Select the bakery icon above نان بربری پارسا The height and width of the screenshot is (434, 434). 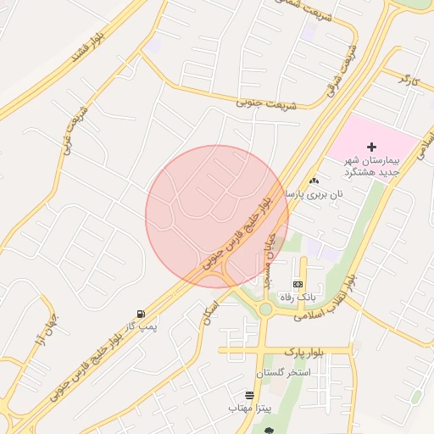click(314, 181)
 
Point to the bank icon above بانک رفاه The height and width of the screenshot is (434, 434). click(298, 284)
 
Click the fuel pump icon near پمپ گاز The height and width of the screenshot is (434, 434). click(140, 314)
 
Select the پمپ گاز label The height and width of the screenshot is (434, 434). click(137, 326)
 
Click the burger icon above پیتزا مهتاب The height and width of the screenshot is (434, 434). click(249, 395)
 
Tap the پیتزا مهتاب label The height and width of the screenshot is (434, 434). click(248, 409)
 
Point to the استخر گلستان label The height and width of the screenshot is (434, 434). click(283, 373)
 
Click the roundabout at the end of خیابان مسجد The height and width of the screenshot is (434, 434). click(265, 309)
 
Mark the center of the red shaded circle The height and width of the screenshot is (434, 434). click(217, 216)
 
